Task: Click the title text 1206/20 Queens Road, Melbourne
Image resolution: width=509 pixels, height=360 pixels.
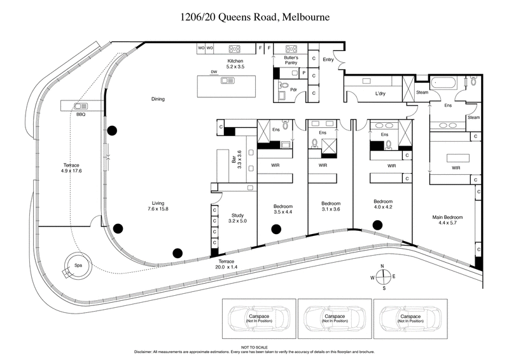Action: (x=254, y=17)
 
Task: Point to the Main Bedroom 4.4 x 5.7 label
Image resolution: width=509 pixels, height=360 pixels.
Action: (x=447, y=220)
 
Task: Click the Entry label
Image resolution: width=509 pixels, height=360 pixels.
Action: (x=328, y=60)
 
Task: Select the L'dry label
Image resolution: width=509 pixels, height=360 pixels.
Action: (x=380, y=94)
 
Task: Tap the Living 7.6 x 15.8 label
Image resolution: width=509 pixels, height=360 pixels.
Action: (x=158, y=205)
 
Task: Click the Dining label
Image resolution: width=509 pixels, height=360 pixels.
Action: (x=158, y=99)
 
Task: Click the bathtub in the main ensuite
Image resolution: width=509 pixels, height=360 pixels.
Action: (x=443, y=83)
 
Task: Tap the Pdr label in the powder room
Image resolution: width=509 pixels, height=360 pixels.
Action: (x=293, y=90)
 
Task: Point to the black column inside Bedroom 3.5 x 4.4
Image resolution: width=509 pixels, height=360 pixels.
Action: (x=275, y=229)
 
